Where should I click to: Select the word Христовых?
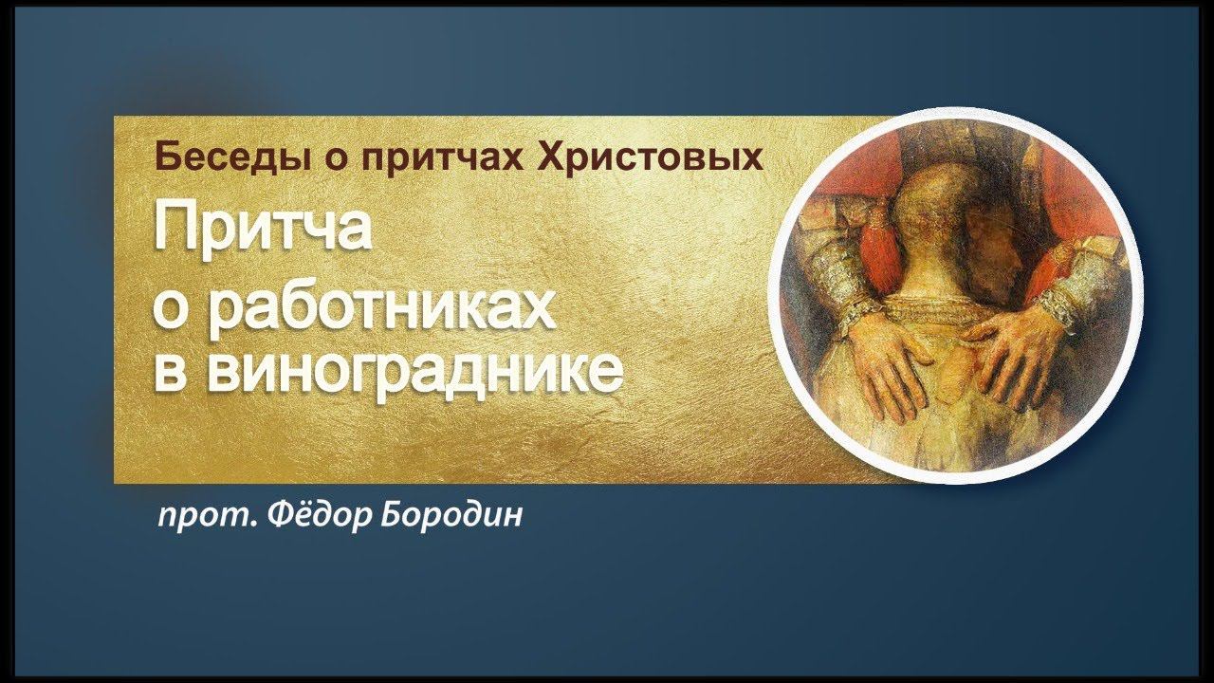point(651,157)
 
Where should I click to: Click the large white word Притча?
point(262,230)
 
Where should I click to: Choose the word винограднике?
point(414,372)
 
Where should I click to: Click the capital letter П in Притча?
point(175,230)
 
